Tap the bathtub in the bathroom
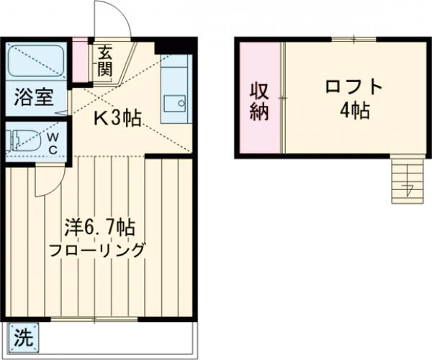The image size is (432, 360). pyautogui.click(x=36, y=60)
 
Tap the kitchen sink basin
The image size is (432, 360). pyautogui.click(x=173, y=103)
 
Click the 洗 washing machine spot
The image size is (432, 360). pyautogui.click(x=24, y=336)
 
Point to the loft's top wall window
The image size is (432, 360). pyautogui.click(x=354, y=39)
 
